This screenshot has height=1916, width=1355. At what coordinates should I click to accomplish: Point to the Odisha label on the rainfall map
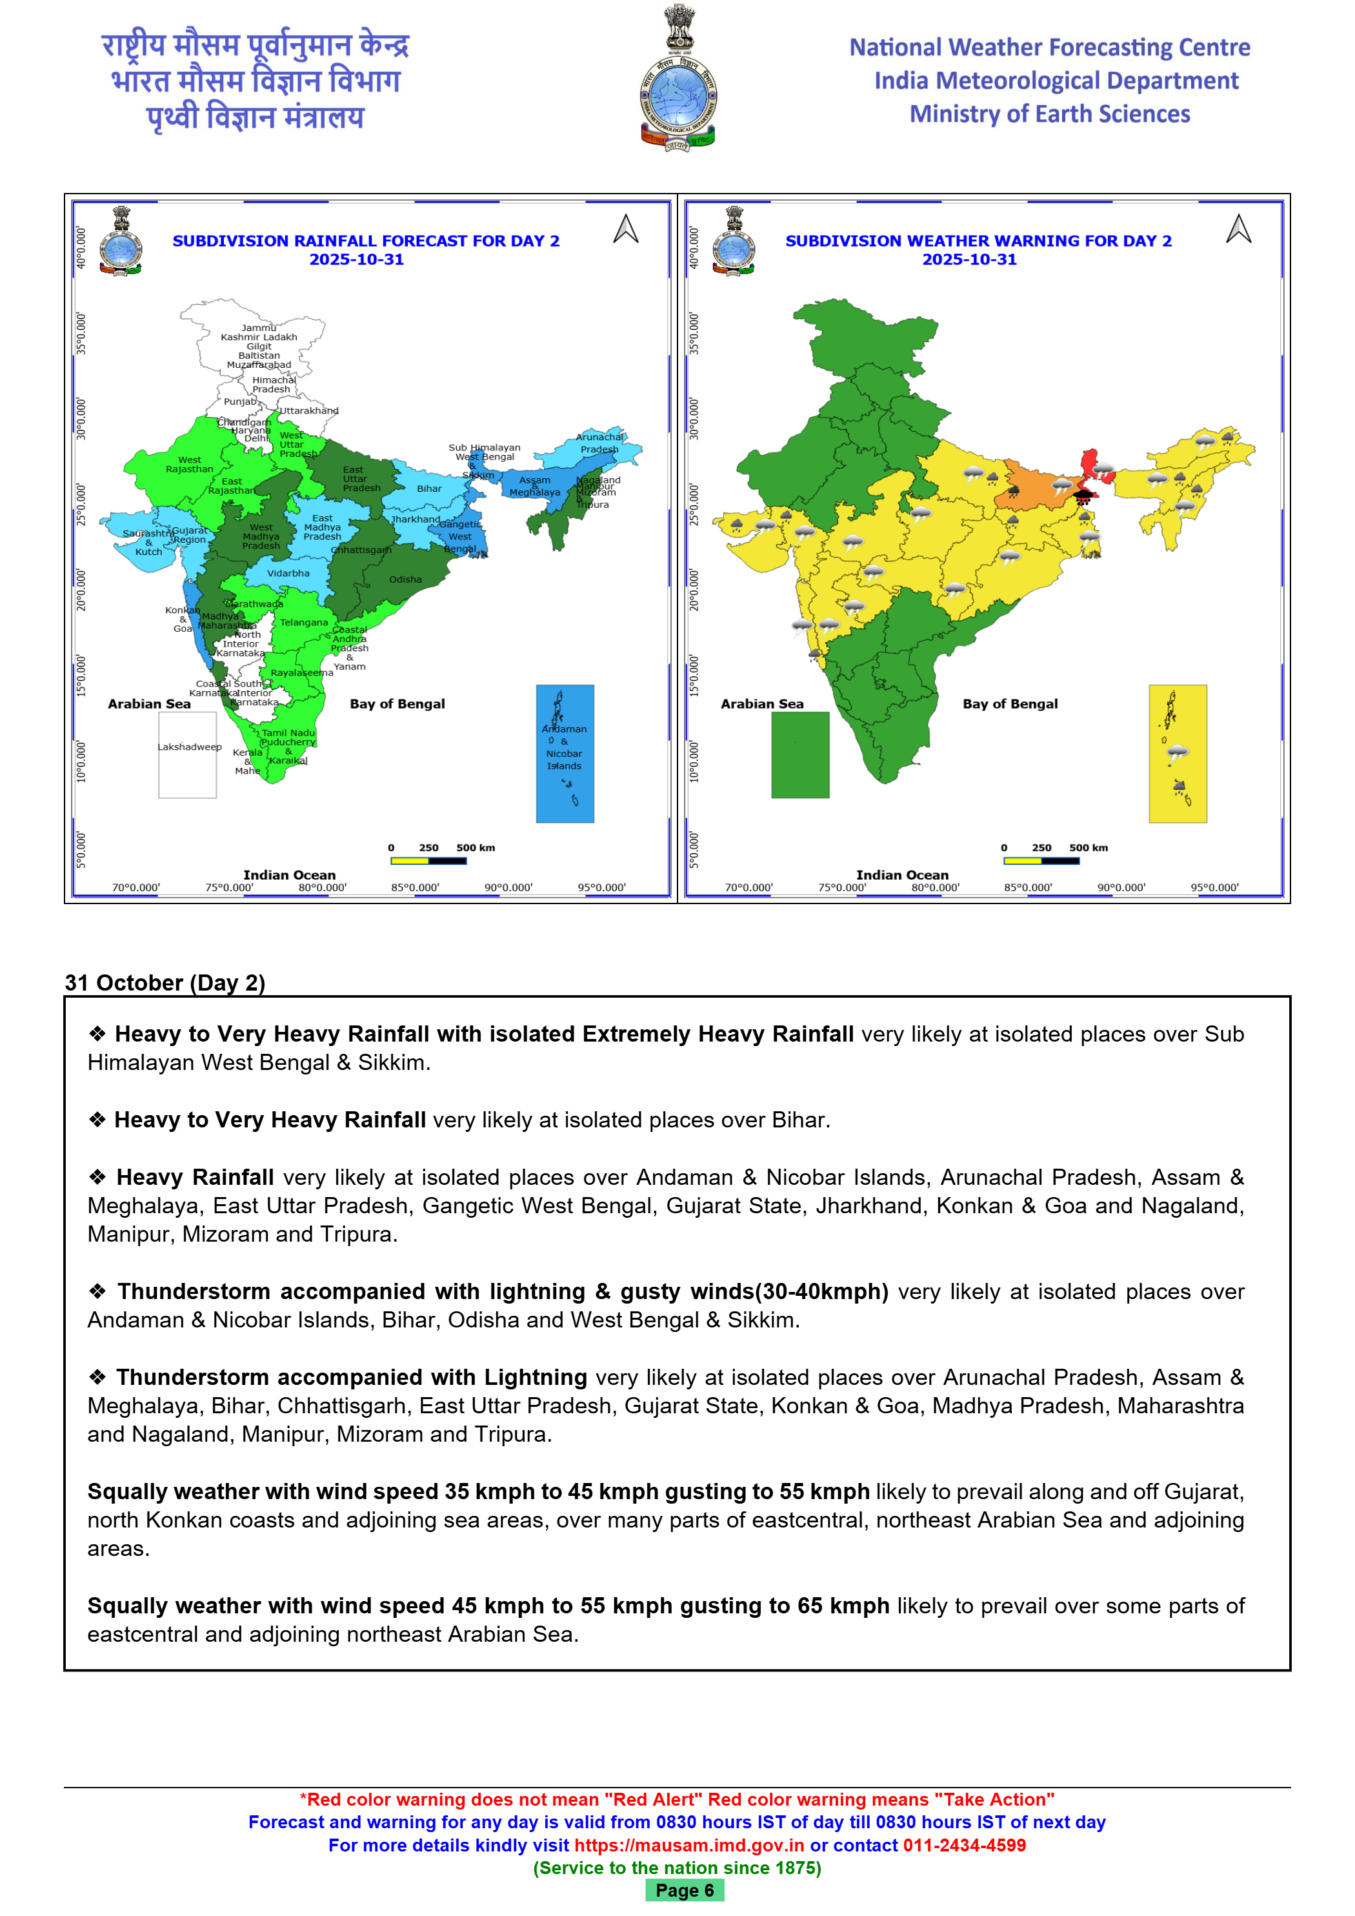point(405,579)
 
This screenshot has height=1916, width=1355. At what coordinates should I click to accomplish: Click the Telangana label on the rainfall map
point(304,623)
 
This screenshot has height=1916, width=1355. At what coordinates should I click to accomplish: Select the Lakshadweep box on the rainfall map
point(188,754)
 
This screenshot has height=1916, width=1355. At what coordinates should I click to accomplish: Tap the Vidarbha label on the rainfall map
point(288,573)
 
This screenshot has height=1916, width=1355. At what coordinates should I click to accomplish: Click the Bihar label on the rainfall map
point(430,489)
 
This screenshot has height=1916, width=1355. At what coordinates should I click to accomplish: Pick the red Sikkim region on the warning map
point(1090,463)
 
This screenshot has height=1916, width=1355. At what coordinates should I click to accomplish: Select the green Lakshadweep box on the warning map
point(800,754)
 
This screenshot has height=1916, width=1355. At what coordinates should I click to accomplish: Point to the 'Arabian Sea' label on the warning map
point(762,703)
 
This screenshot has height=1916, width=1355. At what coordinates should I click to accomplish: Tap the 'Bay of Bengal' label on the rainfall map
point(397,703)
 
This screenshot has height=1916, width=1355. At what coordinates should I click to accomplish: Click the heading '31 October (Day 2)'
point(165,982)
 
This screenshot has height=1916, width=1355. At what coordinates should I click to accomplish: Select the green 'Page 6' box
point(684,1890)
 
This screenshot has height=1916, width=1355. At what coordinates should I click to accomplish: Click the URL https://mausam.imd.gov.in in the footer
point(689,1845)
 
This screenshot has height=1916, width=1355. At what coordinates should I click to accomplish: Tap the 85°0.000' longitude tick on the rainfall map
point(415,887)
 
